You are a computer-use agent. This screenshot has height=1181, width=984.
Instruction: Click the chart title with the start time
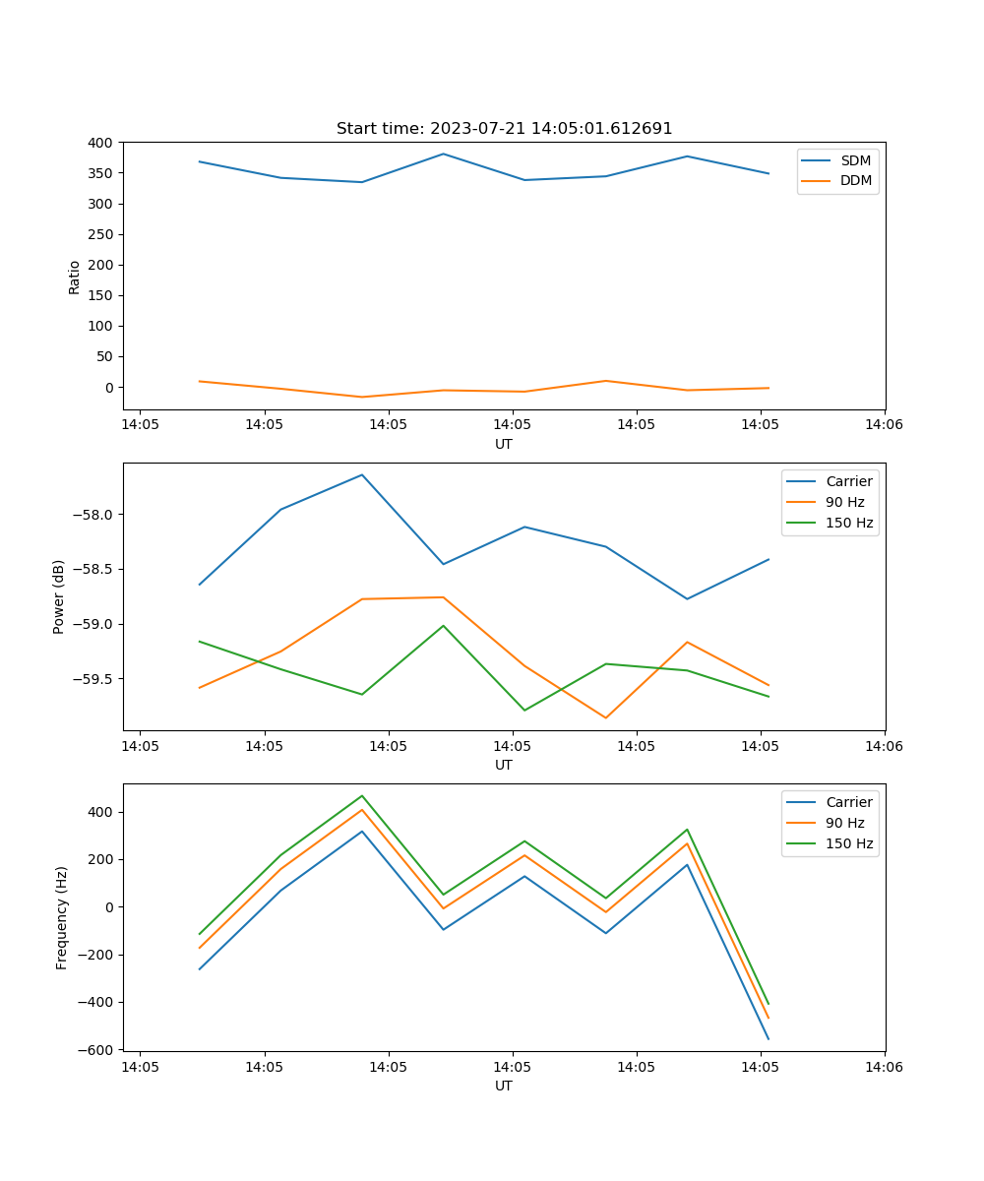point(504,129)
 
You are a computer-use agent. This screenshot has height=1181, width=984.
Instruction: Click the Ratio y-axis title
point(75,277)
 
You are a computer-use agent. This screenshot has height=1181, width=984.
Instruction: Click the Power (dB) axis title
point(59,596)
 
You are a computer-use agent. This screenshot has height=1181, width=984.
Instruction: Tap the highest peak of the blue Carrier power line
point(362,475)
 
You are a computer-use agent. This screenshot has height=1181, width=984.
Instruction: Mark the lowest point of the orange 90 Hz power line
point(606,717)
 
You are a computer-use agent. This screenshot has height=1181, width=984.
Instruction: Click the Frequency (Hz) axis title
point(62,917)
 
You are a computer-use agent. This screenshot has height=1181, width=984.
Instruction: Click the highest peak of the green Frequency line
point(362,796)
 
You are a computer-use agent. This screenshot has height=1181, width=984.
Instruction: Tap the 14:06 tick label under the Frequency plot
point(884,1067)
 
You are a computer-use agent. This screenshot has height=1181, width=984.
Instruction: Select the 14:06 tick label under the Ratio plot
point(884,425)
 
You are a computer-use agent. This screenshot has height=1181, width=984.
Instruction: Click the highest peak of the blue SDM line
point(444,154)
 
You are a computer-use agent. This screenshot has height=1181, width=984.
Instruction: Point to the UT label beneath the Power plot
point(504,765)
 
